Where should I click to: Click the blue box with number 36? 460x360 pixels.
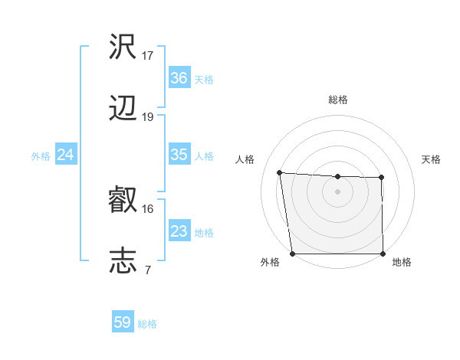pos(179,78)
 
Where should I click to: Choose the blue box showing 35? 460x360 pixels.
pos(179,155)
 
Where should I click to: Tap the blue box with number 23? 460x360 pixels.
pos(179,231)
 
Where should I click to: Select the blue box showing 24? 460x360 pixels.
pos(65,155)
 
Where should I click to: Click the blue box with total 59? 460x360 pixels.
pos(123,322)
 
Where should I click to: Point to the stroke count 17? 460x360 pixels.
pos(148,55)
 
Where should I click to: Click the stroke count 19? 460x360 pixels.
pos(148,117)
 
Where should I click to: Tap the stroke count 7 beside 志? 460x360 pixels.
pos(148,269)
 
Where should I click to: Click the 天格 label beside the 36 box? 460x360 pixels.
pos(204,79)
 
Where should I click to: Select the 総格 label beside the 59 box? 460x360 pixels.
pos(147,324)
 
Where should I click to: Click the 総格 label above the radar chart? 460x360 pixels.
pos(338,100)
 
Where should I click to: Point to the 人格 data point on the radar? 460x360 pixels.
pos(280,172)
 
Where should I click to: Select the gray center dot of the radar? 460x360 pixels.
pos(338,191)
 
